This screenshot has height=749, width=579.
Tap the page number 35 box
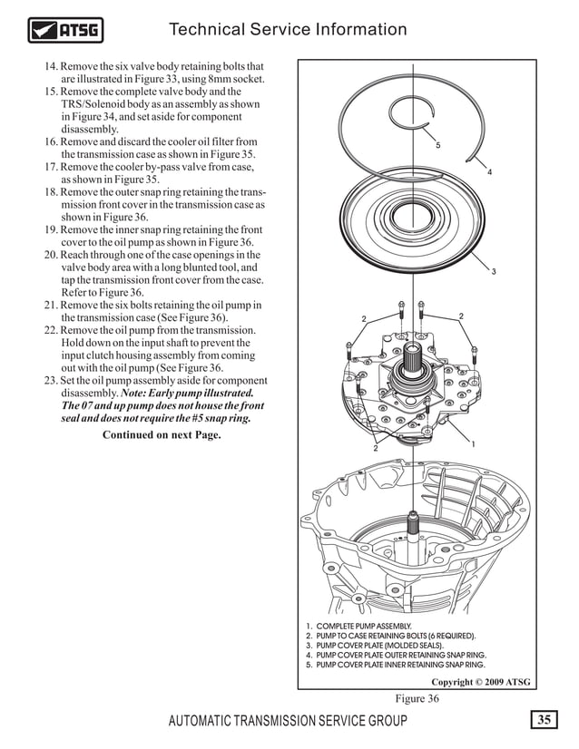point(544,721)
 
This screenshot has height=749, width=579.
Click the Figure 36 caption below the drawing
point(417,698)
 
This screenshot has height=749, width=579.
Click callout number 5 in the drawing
point(437,146)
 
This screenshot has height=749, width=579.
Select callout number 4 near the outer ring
point(489,172)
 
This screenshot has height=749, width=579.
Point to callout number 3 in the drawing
point(493,272)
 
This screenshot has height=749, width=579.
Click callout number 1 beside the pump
point(473,443)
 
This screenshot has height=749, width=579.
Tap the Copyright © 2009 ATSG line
point(480,682)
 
